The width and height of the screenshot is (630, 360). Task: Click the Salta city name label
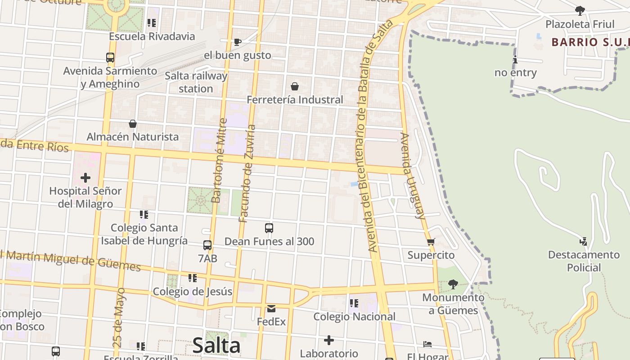click(x=216, y=346)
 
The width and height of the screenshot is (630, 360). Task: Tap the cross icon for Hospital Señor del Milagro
click(x=85, y=178)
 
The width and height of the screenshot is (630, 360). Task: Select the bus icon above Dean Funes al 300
click(x=269, y=228)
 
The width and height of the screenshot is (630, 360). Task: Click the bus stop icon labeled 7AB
click(x=207, y=245)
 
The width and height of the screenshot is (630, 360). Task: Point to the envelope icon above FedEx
click(x=271, y=309)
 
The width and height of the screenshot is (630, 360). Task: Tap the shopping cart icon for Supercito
click(x=431, y=242)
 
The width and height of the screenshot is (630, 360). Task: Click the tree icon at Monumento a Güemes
click(x=453, y=284)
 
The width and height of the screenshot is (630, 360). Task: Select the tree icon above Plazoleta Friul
click(x=580, y=11)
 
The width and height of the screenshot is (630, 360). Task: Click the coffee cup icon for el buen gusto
click(x=237, y=42)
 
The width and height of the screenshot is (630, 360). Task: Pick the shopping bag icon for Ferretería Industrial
click(x=295, y=86)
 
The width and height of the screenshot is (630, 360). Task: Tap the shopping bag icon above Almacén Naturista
click(x=133, y=124)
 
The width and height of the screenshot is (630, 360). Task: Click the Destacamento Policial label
click(x=584, y=261)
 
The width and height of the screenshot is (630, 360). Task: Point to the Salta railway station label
click(x=196, y=82)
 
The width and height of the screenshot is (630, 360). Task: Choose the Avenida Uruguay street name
click(x=413, y=175)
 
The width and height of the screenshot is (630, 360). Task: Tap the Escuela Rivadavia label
click(x=152, y=36)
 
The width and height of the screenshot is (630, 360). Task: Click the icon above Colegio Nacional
click(x=354, y=303)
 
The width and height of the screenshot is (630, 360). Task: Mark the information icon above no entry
click(x=515, y=60)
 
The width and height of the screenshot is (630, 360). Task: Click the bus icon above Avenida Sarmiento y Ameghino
click(x=110, y=58)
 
